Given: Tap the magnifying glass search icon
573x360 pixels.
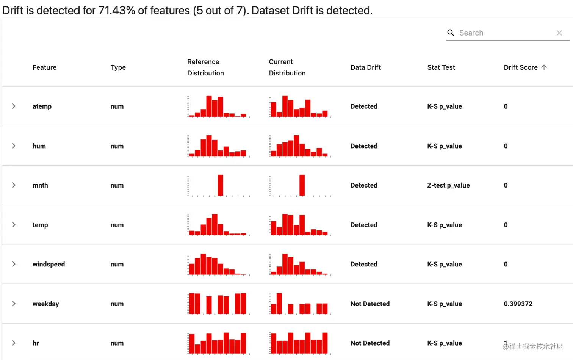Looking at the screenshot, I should [x=451, y=33].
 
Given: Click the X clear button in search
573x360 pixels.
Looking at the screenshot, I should [x=559, y=33].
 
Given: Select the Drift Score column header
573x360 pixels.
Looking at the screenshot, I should [x=520, y=67].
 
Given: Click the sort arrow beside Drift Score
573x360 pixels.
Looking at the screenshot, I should [x=544, y=67].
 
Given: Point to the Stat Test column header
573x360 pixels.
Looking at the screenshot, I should [x=441, y=67].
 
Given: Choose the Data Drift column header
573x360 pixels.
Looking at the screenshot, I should [x=365, y=67].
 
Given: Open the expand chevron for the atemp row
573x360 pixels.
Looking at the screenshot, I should [x=14, y=106].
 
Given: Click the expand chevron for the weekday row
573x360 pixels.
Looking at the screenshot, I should [x=14, y=304].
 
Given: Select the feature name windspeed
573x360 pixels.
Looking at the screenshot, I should [x=49, y=264].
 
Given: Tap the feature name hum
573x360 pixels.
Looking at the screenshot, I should [x=39, y=146].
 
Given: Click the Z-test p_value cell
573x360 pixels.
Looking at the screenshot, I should [x=448, y=185].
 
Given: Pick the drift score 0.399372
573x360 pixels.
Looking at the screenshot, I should [x=518, y=304].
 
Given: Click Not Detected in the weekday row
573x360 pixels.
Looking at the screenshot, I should [x=370, y=304].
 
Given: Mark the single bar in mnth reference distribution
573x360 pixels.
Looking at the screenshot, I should [x=221, y=185].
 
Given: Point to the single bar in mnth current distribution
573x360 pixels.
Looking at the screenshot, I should [x=302, y=185].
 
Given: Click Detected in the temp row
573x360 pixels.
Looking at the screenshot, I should [x=364, y=225].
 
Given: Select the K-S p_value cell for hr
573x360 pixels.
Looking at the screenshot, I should [x=444, y=343].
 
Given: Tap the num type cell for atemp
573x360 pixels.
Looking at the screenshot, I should [x=117, y=106].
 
